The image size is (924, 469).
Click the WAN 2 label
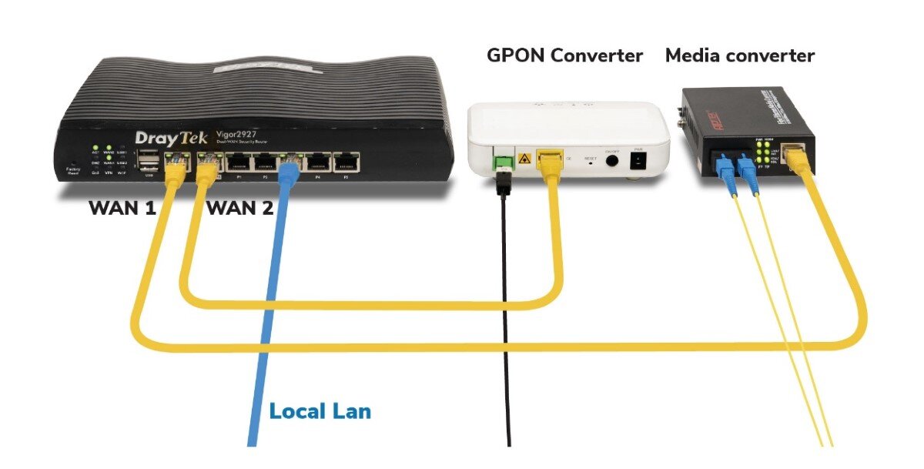[241, 208]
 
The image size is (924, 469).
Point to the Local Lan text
[320, 411]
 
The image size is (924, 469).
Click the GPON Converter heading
[564, 55]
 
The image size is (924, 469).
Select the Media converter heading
[739, 55]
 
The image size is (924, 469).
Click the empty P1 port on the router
[238, 162]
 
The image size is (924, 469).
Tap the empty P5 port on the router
[346, 162]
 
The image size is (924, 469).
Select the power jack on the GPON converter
[638, 161]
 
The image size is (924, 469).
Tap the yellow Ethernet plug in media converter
[798, 156]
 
